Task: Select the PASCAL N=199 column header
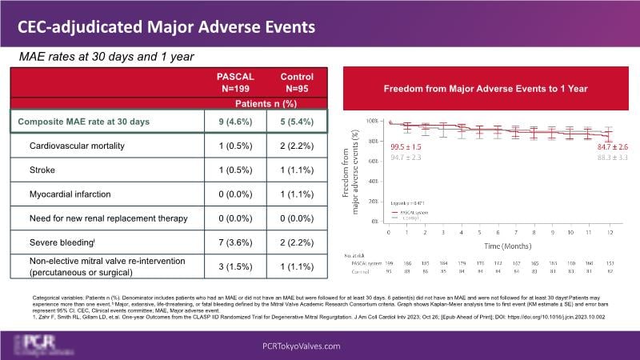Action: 236,82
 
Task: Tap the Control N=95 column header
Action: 297,82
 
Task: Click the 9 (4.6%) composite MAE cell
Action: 236,122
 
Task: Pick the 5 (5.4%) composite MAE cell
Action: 297,122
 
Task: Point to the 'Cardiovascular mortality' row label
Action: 83,147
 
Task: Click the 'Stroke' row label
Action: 44,170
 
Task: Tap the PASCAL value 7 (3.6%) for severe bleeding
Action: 236,240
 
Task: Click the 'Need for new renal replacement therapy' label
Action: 116,217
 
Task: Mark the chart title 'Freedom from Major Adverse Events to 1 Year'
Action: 486,88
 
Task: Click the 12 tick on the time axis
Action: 610,232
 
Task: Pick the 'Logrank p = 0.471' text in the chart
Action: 406,205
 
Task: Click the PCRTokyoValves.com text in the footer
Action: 319,346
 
